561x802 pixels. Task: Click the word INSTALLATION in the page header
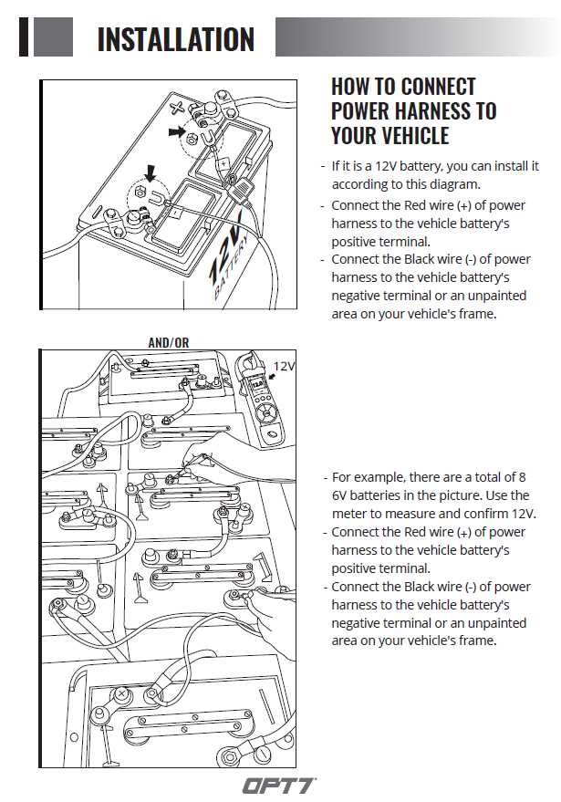point(175,39)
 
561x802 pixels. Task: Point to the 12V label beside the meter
point(285,366)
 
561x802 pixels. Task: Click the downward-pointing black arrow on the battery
point(151,172)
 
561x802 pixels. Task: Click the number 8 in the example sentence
point(522,477)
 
